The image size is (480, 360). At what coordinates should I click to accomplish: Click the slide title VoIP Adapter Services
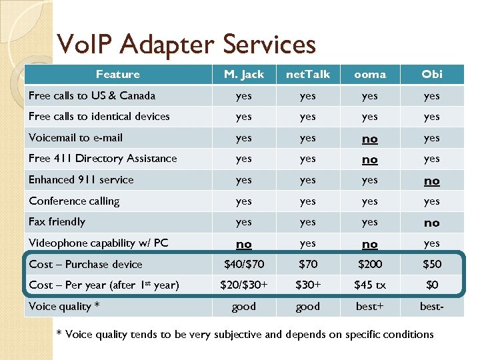pyautogui.click(x=186, y=45)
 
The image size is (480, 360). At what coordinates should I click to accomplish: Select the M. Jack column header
pyautogui.click(x=244, y=74)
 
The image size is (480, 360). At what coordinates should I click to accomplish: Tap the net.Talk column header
pyautogui.click(x=307, y=74)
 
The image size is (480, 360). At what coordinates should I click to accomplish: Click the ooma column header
pyautogui.click(x=370, y=74)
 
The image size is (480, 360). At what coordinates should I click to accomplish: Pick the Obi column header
pyautogui.click(x=432, y=74)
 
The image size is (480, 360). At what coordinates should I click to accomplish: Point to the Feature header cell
pyautogui.click(x=118, y=74)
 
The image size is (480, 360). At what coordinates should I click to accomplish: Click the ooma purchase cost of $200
pyautogui.click(x=370, y=264)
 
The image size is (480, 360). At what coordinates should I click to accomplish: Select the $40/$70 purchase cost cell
pyautogui.click(x=244, y=264)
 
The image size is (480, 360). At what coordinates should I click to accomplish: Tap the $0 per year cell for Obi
pyautogui.click(x=432, y=285)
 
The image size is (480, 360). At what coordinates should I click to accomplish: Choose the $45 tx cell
pyautogui.click(x=370, y=285)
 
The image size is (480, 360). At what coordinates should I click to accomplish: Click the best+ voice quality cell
pyautogui.click(x=370, y=307)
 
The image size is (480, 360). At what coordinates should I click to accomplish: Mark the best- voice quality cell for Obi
pyautogui.click(x=432, y=307)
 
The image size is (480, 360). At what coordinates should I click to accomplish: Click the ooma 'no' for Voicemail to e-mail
pyautogui.click(x=370, y=139)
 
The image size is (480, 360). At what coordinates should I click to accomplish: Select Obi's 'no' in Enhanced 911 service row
pyautogui.click(x=432, y=181)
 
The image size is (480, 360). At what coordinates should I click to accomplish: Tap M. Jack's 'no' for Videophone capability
pyautogui.click(x=244, y=244)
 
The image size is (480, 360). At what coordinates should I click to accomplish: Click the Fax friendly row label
pyautogui.click(x=57, y=221)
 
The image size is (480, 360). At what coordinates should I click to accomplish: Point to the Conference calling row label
pyautogui.click(x=74, y=201)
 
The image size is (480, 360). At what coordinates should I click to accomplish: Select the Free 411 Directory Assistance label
pyautogui.click(x=103, y=158)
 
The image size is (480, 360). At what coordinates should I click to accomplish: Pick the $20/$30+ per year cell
pyautogui.click(x=244, y=285)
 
